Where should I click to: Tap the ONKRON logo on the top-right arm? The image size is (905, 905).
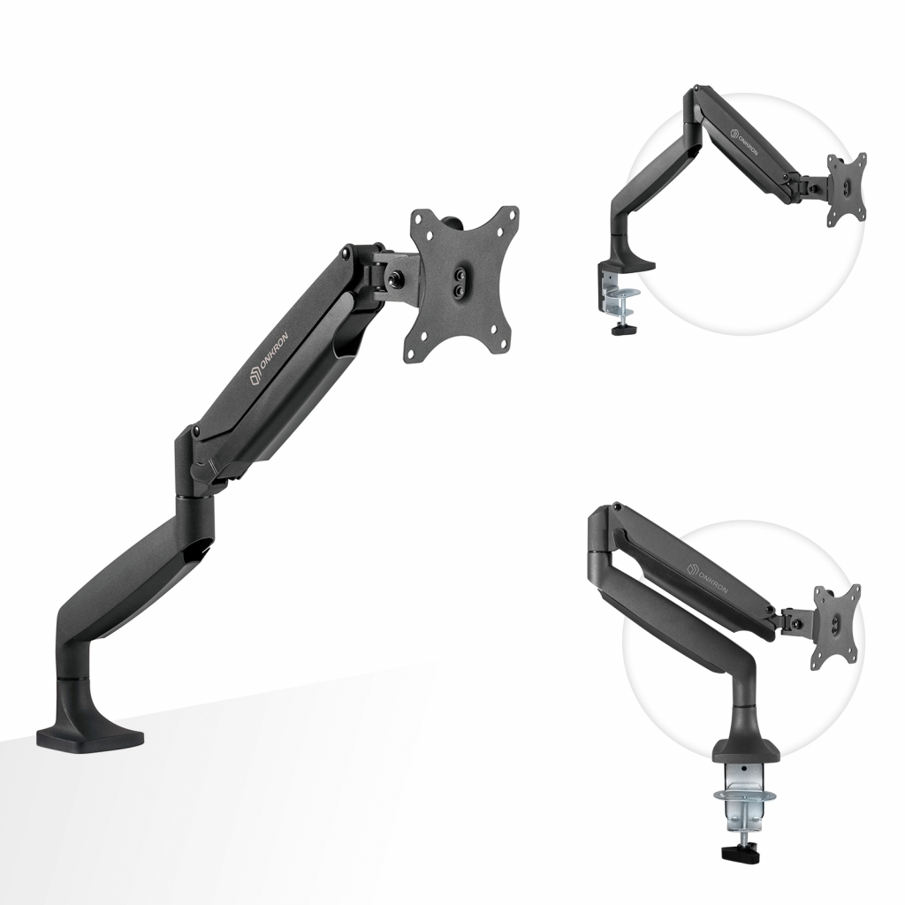click(744, 141)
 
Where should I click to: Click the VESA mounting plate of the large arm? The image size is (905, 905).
click(463, 285)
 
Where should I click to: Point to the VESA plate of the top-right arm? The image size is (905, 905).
click(847, 187)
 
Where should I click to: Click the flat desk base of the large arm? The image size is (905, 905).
click(90, 739)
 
